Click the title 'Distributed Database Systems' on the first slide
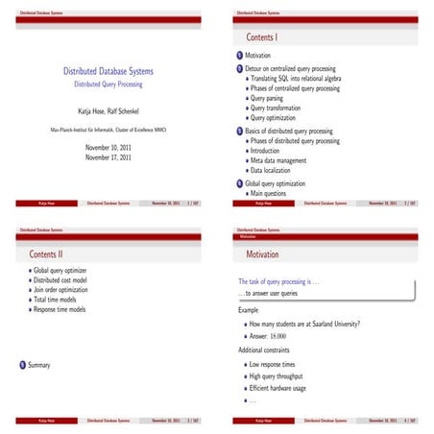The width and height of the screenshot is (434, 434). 108,72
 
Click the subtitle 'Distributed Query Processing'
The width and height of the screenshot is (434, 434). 108,84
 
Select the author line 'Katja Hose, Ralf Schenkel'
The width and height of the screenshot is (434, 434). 108,111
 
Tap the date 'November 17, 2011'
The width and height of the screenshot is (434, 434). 108,157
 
